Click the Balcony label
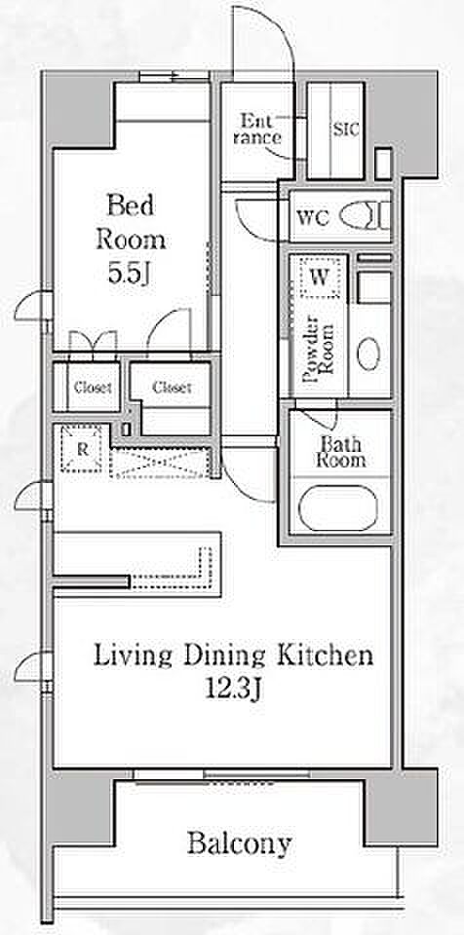240,844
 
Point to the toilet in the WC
365,214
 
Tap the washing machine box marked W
320,277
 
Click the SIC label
346,130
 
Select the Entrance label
257,130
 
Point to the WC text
312,217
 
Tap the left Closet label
93,388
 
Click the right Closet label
172,388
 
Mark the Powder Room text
317,353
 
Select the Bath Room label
341,451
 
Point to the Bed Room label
131,222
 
